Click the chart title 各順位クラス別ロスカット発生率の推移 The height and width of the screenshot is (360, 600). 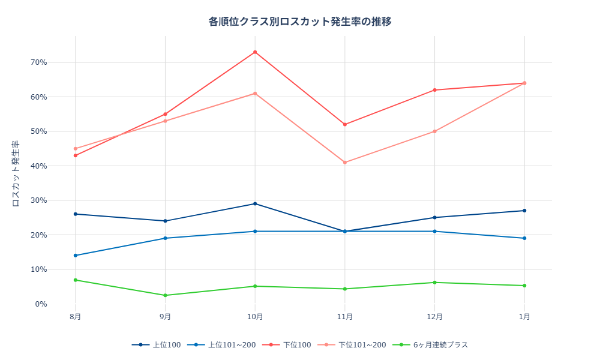300,22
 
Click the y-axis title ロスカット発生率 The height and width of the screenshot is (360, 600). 16,174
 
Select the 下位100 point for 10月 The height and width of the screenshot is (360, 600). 255,52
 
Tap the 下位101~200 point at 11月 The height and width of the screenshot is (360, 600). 345,163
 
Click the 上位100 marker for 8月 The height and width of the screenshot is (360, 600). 75,214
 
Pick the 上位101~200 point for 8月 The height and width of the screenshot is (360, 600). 75,256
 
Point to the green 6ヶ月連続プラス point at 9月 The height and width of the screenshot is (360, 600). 165,295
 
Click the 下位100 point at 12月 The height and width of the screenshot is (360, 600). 435,90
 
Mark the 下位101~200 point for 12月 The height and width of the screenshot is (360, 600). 435,131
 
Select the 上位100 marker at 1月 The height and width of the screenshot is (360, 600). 524,211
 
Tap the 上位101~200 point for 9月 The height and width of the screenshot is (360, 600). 165,238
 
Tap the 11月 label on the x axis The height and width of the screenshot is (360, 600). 345,316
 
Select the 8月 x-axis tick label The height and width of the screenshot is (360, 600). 75,316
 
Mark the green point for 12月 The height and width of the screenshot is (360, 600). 435,283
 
